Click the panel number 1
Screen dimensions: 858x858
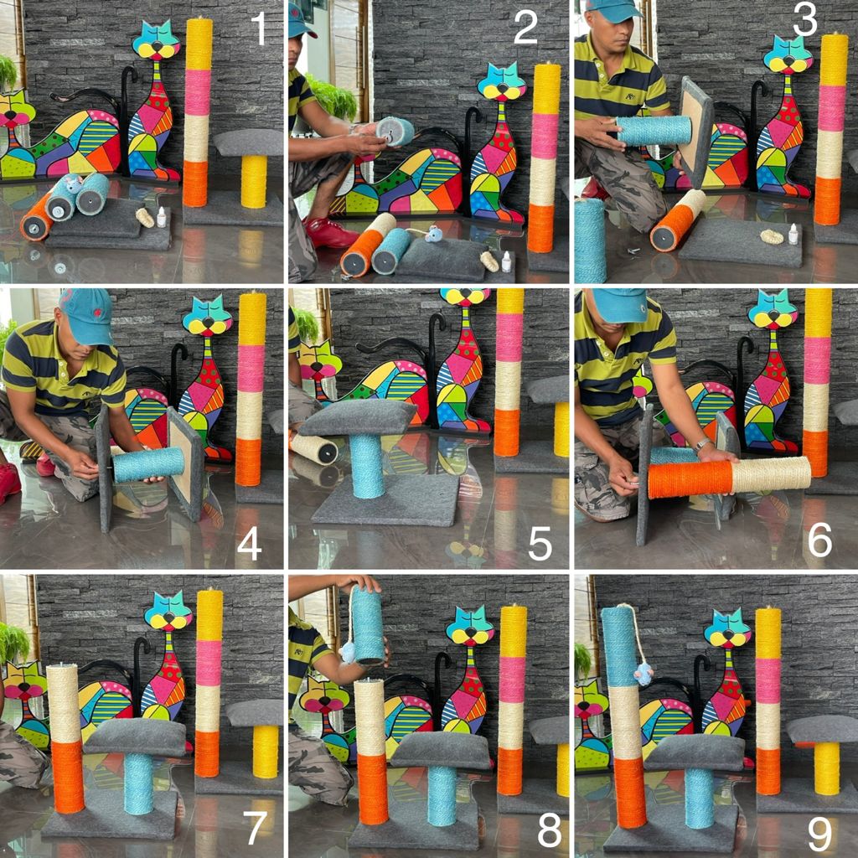(259, 29)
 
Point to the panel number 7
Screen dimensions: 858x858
(255, 829)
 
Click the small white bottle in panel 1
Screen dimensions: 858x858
(162, 218)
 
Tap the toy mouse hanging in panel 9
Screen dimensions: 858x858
(643, 675)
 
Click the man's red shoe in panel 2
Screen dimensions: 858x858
(329, 234)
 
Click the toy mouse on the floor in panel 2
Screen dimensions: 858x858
(433, 234)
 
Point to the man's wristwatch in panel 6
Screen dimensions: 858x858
(701, 446)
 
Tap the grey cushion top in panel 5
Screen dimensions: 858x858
(358, 417)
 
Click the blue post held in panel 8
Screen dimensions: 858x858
(368, 624)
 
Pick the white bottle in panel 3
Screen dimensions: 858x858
(793, 235)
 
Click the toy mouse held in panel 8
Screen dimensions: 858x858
(348, 653)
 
